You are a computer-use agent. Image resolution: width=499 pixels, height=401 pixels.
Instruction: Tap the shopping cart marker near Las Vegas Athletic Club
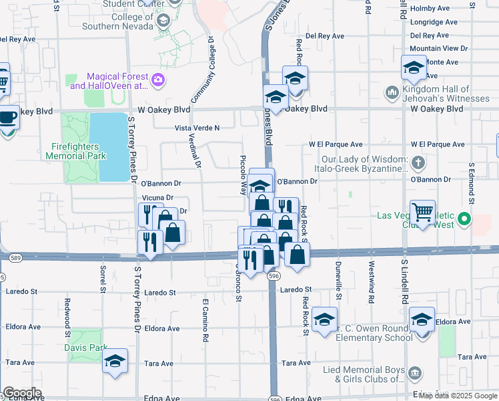pos(422,213)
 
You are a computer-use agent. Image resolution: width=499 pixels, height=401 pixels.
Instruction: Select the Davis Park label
pos(85,348)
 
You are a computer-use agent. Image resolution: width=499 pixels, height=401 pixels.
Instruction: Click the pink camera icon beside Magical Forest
pos(158,81)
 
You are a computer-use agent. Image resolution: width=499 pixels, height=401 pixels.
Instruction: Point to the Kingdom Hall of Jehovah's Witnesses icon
pos(392,92)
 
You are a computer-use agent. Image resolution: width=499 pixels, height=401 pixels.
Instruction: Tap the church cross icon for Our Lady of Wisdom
pos(418,162)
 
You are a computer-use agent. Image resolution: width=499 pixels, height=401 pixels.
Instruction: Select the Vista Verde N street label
pos(197,128)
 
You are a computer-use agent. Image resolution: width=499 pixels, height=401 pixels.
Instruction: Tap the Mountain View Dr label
pos(434,49)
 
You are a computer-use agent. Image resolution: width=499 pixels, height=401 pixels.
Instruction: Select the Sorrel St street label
pos(103,279)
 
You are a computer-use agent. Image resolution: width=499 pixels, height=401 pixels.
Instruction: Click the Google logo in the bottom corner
pos(21,393)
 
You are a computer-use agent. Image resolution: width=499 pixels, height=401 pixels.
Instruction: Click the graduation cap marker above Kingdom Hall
pos(413,68)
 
